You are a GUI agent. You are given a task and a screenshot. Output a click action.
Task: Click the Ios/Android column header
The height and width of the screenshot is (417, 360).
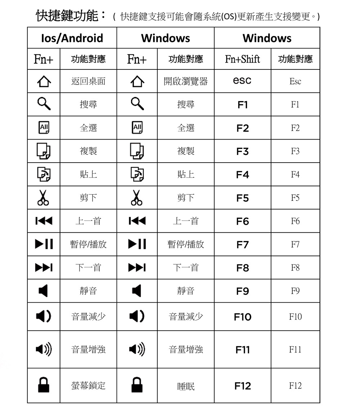72,38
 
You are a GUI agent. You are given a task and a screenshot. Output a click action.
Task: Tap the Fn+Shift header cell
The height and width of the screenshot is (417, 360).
242,59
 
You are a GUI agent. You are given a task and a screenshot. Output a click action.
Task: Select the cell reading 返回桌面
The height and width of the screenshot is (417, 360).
88,81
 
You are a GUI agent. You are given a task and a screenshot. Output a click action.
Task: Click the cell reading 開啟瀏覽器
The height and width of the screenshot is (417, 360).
186,81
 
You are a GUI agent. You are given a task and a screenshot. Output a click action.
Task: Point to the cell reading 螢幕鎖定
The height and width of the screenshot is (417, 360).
88,386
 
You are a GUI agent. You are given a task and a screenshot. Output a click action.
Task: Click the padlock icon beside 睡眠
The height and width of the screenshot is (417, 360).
137,385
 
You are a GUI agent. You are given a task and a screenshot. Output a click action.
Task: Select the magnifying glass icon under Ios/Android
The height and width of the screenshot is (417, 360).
43,104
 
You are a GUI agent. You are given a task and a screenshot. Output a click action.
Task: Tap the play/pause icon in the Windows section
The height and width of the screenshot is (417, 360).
137,244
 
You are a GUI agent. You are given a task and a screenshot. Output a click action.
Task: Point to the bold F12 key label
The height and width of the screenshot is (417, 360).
243,386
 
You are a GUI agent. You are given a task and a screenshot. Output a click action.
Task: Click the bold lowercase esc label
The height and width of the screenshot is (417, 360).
242,81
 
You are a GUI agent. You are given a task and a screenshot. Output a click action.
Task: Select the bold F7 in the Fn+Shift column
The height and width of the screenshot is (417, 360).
243,245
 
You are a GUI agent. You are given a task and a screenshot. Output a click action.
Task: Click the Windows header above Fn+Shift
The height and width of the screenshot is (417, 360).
267,38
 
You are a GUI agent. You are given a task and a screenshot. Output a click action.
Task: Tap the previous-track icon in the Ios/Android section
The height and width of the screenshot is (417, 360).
43,221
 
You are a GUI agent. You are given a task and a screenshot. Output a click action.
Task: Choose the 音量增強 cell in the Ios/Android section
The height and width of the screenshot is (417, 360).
88,349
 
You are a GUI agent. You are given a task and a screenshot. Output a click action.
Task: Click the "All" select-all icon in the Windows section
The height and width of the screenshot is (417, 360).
137,128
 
